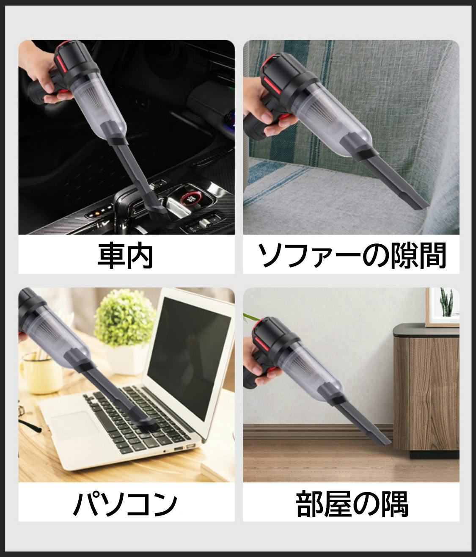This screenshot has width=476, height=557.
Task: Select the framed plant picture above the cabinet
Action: pyautogui.click(x=442, y=306)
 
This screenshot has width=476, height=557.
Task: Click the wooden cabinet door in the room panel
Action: pyautogui.click(x=434, y=394)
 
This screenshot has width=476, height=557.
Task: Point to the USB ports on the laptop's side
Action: pyautogui.click(x=183, y=448)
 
